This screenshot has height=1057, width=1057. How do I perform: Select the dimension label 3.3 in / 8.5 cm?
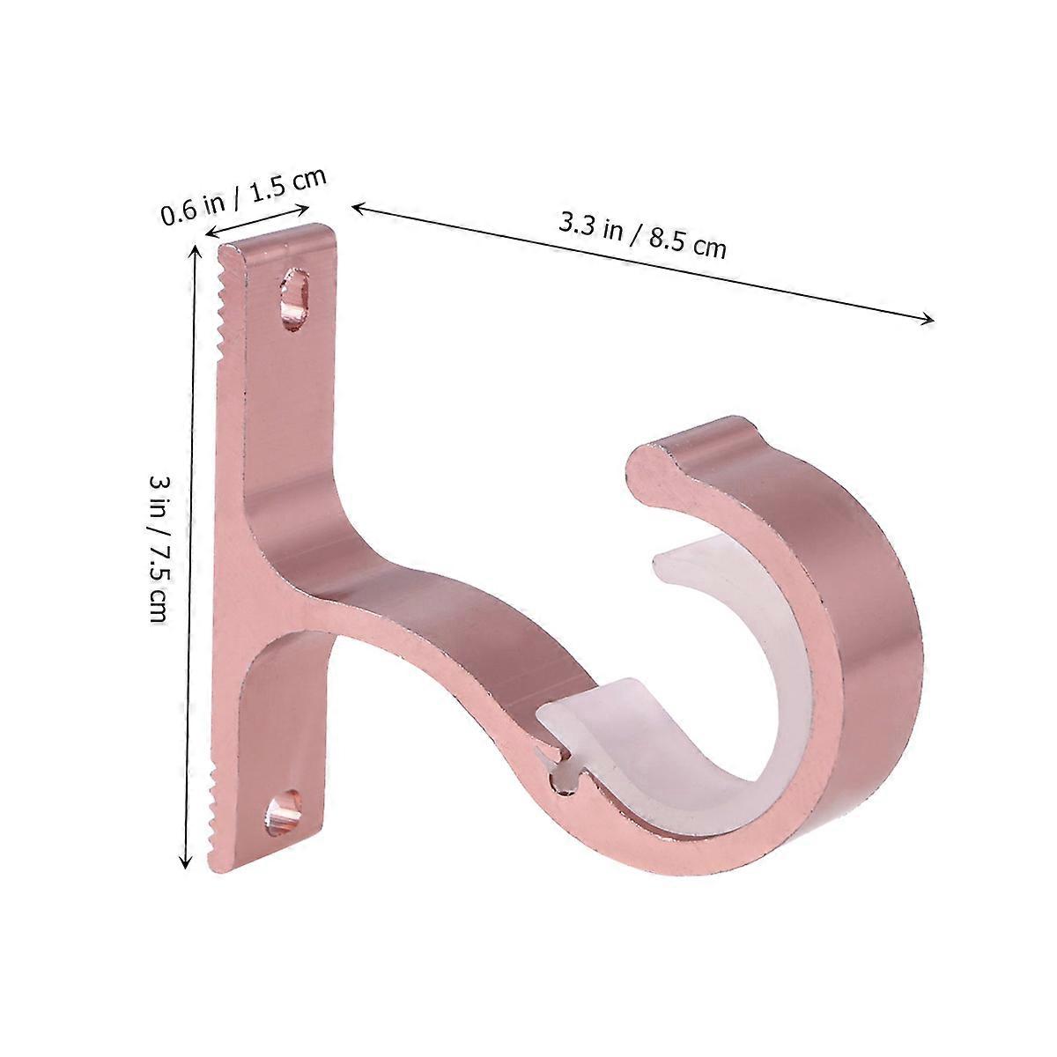pos(642,236)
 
